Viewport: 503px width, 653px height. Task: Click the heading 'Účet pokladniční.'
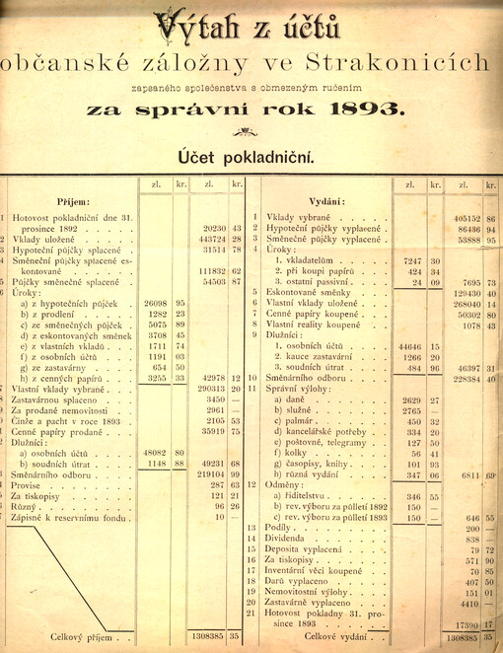pyautogui.click(x=246, y=155)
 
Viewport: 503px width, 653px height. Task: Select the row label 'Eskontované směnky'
pyautogui.click(x=310, y=293)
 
